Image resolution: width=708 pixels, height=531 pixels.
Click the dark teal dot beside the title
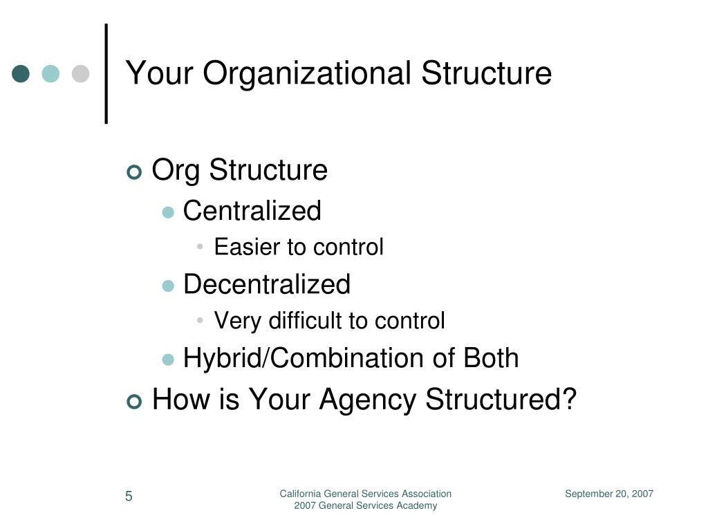tap(21, 73)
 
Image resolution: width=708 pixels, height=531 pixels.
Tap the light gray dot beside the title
tap(80, 73)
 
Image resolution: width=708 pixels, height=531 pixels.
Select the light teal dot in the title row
tap(50, 73)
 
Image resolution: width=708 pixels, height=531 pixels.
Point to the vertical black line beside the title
tap(106, 73)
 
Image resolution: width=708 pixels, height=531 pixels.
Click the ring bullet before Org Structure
tap(134, 172)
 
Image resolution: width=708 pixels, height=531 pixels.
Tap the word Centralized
tap(252, 211)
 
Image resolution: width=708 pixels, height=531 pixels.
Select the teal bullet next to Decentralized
tap(168, 286)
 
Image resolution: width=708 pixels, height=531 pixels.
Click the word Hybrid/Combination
tap(304, 359)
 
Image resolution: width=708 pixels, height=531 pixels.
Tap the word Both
tap(491, 358)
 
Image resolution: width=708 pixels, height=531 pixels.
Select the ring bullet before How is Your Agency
tap(134, 402)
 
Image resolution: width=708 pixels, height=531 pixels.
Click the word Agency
tap(368, 401)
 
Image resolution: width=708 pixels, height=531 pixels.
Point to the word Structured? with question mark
tap(501, 399)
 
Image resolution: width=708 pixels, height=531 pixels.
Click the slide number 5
tap(129, 496)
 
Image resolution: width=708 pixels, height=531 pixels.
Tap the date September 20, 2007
tap(609, 494)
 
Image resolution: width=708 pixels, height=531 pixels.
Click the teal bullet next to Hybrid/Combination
tap(168, 360)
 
